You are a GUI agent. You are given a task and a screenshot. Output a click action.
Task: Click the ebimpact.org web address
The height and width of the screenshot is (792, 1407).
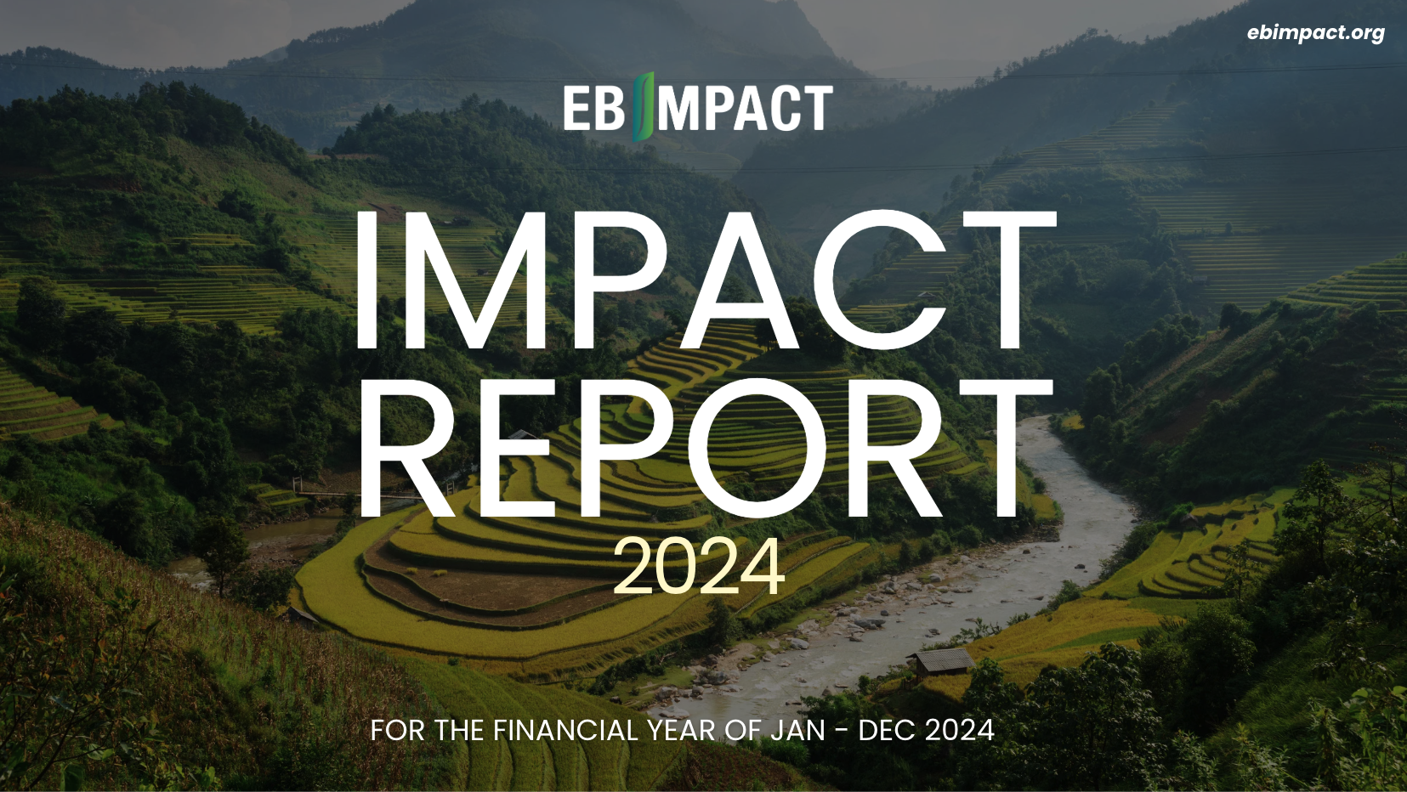[x=1316, y=32]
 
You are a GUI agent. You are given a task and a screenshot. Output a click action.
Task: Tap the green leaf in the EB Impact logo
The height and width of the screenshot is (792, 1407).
[x=644, y=107]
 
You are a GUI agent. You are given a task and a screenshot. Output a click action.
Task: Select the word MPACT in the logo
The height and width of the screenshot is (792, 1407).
[x=746, y=108]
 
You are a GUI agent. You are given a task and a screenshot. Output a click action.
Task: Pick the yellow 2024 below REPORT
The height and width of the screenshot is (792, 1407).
[x=699, y=567]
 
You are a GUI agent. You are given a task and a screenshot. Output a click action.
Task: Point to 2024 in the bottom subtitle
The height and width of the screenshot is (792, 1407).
[x=960, y=731]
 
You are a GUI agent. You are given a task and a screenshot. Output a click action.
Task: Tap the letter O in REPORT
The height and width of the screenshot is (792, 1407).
[x=758, y=448]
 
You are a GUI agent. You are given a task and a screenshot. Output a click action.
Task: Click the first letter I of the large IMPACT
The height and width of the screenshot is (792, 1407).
[x=366, y=280]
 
